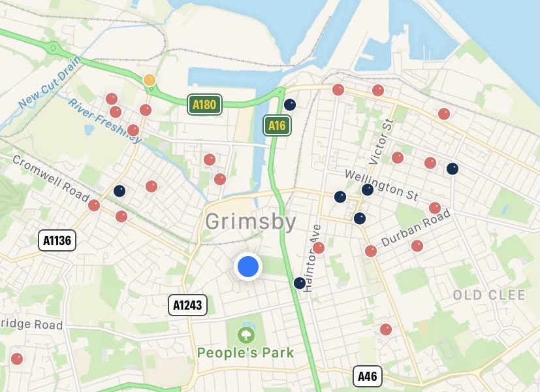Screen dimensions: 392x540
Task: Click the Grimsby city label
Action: click(251, 221)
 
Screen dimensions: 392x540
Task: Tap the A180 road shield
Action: click(204, 104)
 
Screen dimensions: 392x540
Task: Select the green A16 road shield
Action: click(277, 125)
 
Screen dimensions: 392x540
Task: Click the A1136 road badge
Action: click(57, 240)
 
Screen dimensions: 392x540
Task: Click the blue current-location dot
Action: click(248, 266)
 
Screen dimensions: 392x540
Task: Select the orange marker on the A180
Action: click(150, 80)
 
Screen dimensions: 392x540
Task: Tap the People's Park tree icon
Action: click(246, 335)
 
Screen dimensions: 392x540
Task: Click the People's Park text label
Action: click(246, 353)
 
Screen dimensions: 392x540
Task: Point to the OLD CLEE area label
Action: click(489, 295)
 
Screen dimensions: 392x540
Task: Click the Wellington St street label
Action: click(381, 184)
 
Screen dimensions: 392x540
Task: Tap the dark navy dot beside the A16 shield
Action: click(290, 104)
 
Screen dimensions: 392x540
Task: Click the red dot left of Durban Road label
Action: click(371, 251)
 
